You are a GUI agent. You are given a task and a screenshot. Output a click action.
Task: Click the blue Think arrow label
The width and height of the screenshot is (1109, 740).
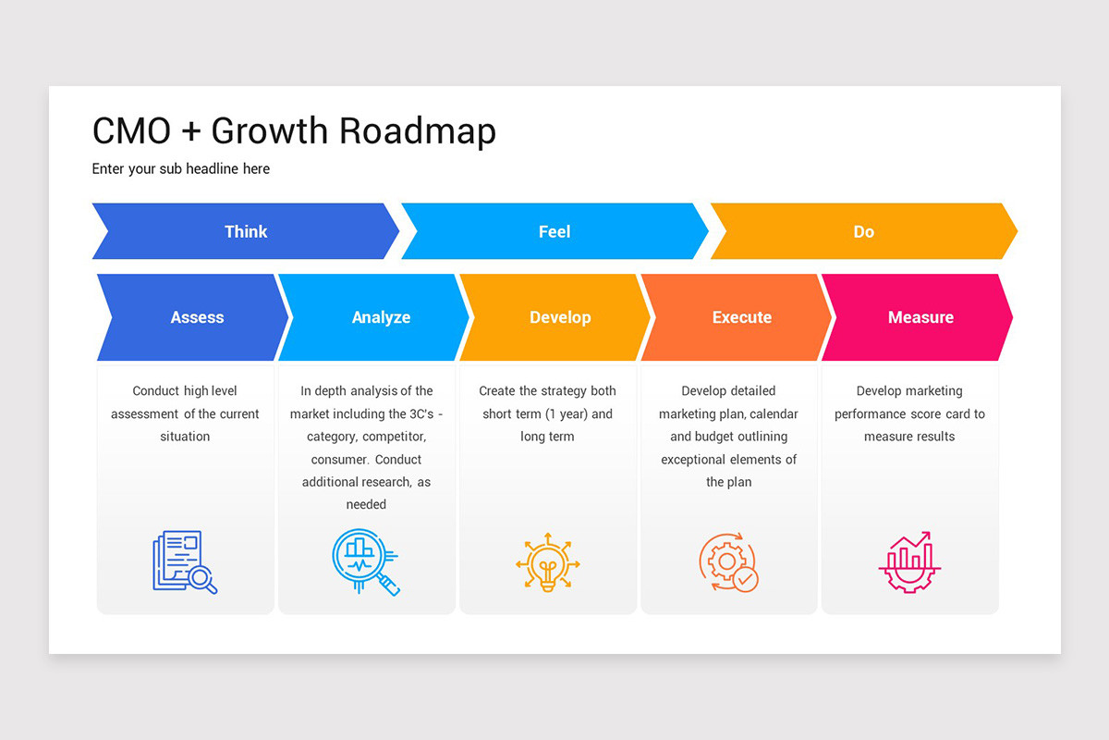click(246, 231)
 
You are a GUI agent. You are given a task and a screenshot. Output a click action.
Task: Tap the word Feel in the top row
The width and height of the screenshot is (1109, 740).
click(554, 231)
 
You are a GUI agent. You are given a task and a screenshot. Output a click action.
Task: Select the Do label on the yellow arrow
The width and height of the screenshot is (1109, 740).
click(863, 231)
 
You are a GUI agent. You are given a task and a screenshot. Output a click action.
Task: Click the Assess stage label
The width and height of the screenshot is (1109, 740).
click(197, 317)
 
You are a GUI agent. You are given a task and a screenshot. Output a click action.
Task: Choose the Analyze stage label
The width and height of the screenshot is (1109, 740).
click(381, 317)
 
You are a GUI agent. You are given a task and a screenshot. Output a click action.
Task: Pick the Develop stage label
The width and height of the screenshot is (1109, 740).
click(560, 317)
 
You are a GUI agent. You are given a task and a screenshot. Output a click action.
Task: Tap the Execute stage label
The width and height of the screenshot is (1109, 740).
click(741, 317)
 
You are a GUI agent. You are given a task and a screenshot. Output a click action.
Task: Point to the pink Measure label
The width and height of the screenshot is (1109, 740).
click(920, 317)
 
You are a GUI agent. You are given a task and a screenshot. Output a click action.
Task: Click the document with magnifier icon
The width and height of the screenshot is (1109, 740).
click(185, 561)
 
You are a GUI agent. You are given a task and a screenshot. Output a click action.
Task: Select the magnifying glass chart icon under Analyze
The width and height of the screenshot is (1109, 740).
click(365, 561)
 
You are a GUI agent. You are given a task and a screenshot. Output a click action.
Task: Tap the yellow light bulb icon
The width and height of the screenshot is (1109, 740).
click(548, 562)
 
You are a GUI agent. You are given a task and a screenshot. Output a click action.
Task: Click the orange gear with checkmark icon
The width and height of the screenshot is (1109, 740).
click(728, 562)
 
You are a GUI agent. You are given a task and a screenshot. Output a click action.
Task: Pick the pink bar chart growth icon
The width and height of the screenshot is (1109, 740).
click(909, 562)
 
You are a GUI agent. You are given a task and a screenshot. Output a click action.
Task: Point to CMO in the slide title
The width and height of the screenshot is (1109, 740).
click(131, 130)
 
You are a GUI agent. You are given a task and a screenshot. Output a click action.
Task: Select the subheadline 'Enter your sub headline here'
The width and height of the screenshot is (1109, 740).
click(181, 168)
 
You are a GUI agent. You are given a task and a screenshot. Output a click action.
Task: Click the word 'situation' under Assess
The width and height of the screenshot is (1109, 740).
click(185, 437)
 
